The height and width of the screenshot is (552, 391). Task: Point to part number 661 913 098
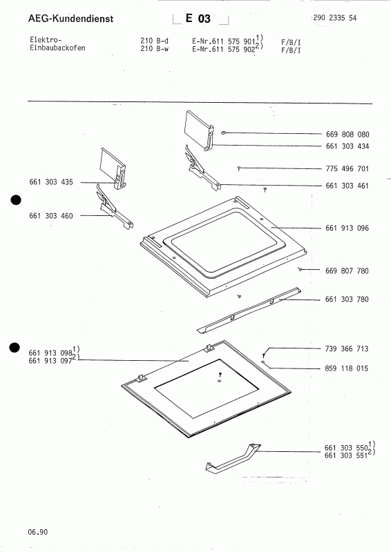click(52, 353)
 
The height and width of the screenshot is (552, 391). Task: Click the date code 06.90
click(38, 531)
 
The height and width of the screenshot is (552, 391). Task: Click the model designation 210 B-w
click(154, 50)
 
